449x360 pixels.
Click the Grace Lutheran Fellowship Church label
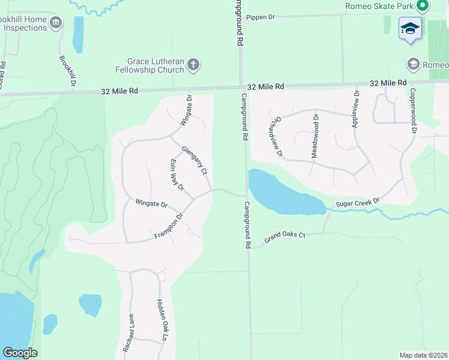(155, 65)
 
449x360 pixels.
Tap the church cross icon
(193, 65)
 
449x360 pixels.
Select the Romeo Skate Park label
(379, 6)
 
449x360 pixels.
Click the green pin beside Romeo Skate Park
(423, 6)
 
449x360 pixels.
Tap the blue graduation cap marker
(411, 29)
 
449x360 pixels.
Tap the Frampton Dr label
(168, 225)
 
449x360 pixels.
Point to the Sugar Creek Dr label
(358, 203)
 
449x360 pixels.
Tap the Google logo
(20, 353)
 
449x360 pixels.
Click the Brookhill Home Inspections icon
(56, 23)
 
